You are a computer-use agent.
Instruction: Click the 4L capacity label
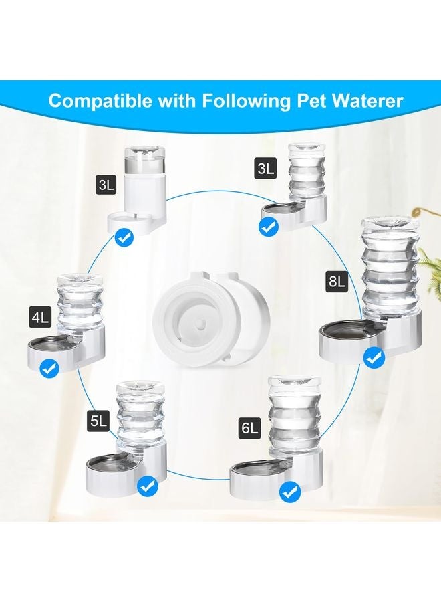40,318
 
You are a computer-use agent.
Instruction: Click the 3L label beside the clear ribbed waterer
265,169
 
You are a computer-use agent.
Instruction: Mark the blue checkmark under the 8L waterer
373,358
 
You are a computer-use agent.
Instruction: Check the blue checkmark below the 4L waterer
48,367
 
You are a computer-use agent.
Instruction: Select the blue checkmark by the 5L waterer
147,486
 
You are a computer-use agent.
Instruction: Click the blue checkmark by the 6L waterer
290,493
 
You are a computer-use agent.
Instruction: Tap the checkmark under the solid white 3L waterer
124,236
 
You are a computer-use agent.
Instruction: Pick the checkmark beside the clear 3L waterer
269,227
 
